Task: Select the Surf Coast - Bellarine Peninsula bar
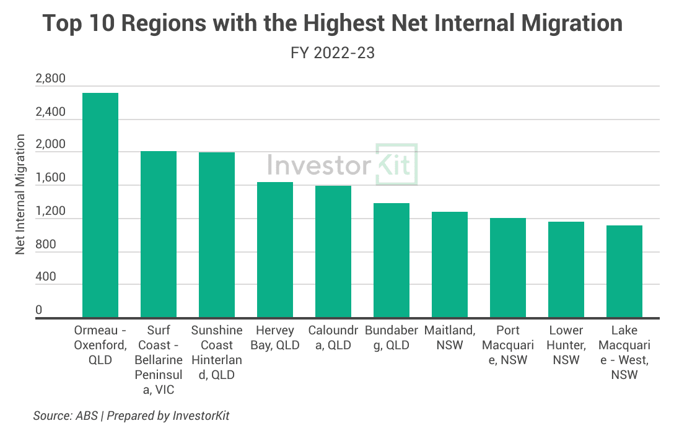coord(159,235)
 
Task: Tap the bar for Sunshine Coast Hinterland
coord(217,235)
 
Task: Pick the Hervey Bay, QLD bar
coord(275,250)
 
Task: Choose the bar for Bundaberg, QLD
coord(392,261)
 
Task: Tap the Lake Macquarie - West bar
coord(624,272)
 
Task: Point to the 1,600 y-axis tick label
coord(50,178)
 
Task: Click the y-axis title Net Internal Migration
coord(21,193)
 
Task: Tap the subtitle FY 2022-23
coord(333,53)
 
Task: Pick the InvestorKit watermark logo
coord(343,164)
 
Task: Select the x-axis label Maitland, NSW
coord(450,337)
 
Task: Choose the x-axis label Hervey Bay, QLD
coord(275,337)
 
